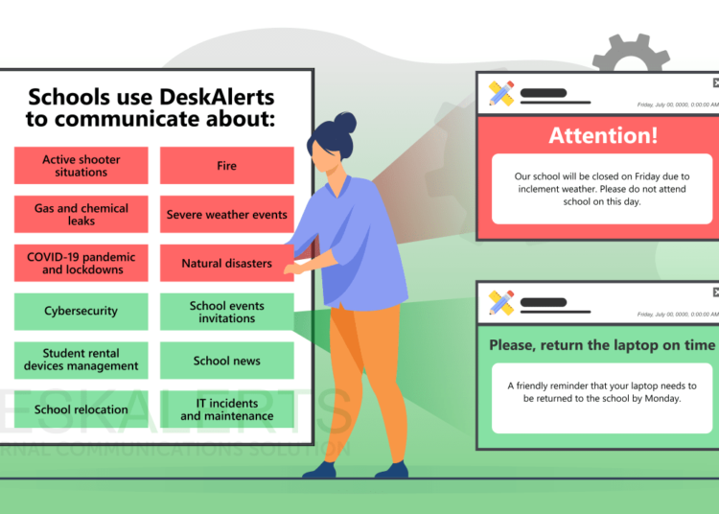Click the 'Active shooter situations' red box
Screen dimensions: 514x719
[81, 166]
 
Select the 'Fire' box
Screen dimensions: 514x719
[226, 166]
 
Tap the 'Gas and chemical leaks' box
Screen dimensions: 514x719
[81, 214]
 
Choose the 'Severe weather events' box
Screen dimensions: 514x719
[226, 215]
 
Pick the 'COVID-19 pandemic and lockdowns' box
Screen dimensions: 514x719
[81, 264]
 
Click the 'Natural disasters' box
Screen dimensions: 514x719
[226, 264]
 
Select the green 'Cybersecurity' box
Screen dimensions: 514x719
[81, 312]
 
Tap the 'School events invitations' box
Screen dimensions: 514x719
[226, 312]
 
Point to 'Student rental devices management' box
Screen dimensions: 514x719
[81, 360]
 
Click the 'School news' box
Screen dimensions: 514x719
[226, 361]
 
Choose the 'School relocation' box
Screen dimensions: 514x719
[81, 409]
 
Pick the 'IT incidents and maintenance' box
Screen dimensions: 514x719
[226, 409]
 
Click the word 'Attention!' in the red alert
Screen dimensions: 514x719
[603, 136]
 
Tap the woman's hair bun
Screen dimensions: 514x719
[345, 123]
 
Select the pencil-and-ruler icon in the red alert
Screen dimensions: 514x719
[500, 93]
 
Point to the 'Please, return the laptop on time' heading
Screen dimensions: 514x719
[602, 345]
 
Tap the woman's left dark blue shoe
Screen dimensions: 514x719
[319, 470]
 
